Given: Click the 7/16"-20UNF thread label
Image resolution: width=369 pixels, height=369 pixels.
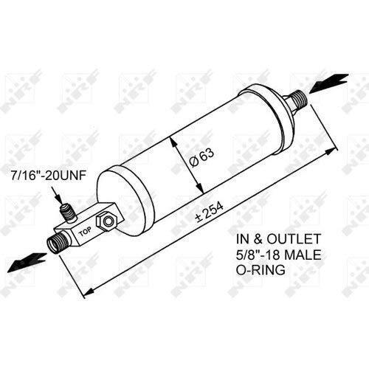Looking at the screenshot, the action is coord(49,176).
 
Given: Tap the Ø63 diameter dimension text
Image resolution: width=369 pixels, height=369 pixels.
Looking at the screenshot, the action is coord(201,158).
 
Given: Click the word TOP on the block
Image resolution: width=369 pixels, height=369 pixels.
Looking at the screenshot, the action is coord(85,232).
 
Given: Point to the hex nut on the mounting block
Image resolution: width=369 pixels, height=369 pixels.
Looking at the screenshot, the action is coord(106,221).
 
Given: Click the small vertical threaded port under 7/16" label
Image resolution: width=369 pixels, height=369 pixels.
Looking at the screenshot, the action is coord(69,213).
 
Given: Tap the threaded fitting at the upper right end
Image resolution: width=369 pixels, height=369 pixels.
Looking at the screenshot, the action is coord(295,100).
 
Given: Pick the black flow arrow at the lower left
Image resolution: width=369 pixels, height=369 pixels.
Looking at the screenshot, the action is coord(27,262).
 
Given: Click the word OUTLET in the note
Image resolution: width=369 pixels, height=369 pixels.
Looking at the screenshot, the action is coord(294,239).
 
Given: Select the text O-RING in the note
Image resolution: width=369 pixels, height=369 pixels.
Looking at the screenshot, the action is coord(261,270).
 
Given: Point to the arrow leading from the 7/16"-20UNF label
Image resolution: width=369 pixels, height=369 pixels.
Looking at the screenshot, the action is coord(57,194).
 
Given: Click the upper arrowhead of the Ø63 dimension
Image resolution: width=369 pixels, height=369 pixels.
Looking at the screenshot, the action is coord(173,142).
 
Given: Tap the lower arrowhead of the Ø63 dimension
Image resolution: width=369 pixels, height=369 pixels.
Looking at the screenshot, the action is coord(200,187).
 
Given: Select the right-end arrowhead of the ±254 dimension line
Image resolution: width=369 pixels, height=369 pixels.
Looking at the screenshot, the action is coord(331,151).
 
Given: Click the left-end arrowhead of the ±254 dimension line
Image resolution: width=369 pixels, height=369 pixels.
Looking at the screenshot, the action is coord(89,292).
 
